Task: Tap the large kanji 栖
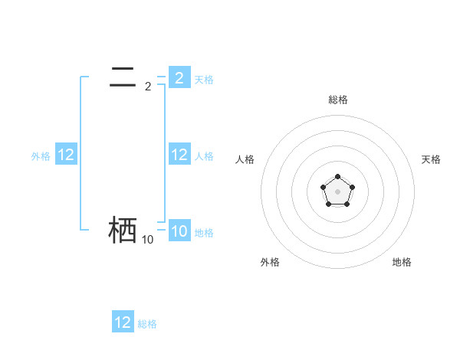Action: [123, 230]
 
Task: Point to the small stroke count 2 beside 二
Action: [148, 87]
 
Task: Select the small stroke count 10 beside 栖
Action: [147, 240]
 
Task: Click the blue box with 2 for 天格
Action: [179, 78]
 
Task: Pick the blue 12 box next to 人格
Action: [179, 155]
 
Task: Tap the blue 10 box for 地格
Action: [179, 231]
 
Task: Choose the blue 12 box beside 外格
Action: [66, 155]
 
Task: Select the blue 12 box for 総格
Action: [123, 322]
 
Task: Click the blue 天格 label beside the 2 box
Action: [204, 79]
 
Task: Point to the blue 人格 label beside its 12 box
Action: [204, 155]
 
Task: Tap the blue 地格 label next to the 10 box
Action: [204, 232]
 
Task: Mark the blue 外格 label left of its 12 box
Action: [41, 155]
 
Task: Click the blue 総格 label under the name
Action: [147, 323]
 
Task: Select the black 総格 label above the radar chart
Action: [337, 100]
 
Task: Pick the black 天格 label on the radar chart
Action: [431, 159]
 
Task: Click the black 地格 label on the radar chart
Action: [402, 262]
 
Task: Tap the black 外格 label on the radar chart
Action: [270, 262]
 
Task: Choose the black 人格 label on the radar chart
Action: [245, 159]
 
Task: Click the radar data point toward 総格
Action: [337, 177]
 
